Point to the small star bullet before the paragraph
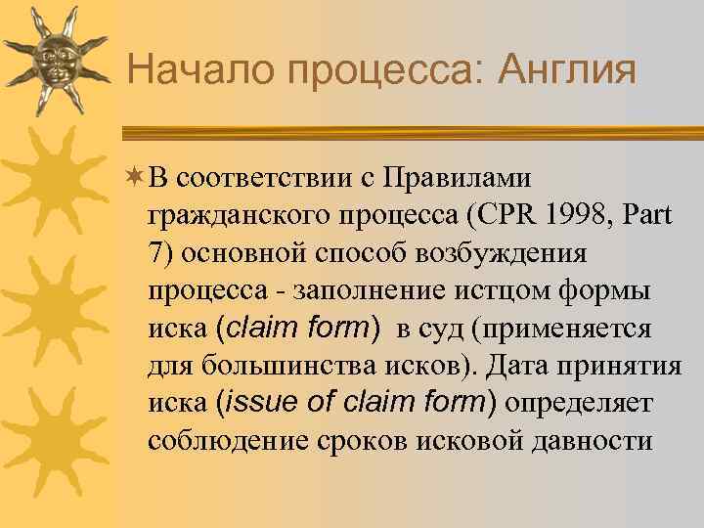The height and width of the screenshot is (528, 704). [x=135, y=178]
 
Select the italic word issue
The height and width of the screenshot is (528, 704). [x=264, y=402]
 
